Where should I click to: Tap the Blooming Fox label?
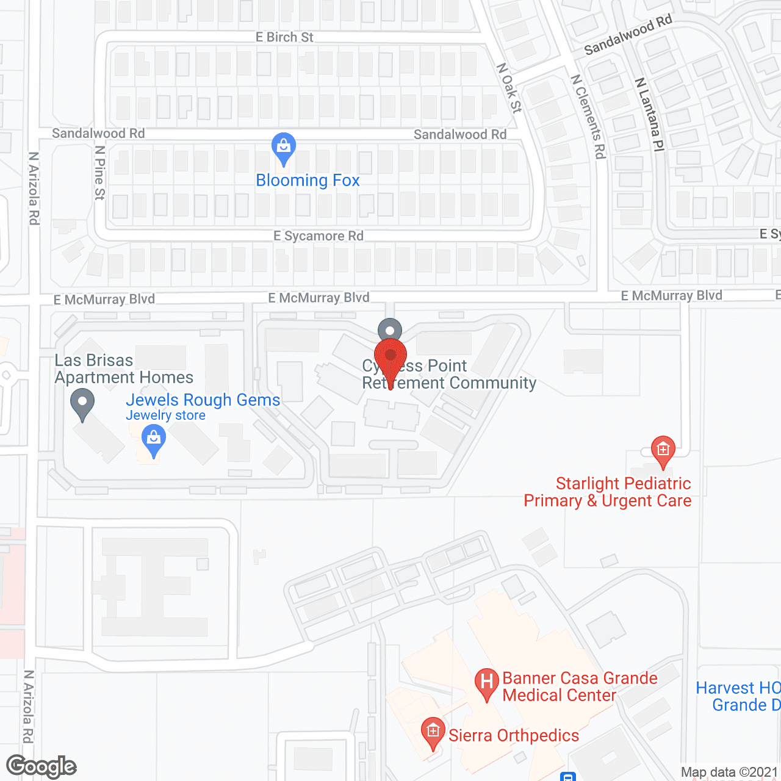click(x=308, y=181)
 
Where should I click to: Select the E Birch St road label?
click(x=284, y=37)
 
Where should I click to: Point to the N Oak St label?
click(x=509, y=88)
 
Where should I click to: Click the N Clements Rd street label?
click(x=588, y=117)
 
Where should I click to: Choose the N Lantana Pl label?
click(x=649, y=114)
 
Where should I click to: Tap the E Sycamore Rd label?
click(x=319, y=236)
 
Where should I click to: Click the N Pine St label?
click(x=100, y=173)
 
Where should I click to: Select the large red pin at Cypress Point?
click(x=390, y=357)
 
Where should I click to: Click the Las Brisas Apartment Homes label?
click(x=124, y=369)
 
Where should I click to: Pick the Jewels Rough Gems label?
click(x=203, y=400)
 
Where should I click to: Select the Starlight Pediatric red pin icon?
click(x=663, y=450)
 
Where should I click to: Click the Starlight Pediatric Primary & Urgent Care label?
click(x=608, y=492)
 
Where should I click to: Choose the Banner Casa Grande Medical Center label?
click(x=580, y=686)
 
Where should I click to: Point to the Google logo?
click(x=41, y=766)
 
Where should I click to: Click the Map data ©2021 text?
click(x=729, y=772)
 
